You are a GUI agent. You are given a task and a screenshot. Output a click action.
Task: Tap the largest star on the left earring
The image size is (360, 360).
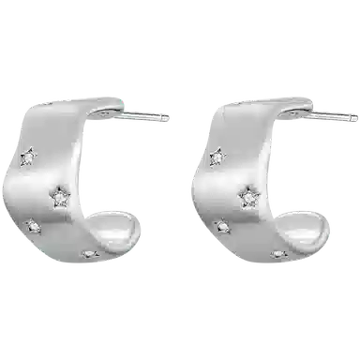click(x=63, y=196)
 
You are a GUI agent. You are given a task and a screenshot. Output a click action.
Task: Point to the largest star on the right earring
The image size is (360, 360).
click(x=250, y=195)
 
